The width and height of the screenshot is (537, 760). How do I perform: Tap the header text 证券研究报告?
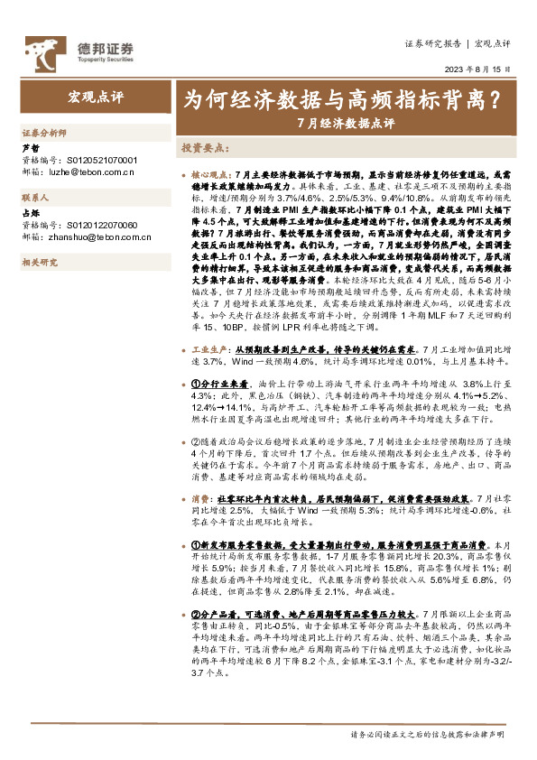432,43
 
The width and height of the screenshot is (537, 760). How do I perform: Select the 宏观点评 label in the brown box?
95,96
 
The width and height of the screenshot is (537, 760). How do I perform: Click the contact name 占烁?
30,212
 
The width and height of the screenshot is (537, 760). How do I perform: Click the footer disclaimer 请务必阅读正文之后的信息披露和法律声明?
427,735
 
